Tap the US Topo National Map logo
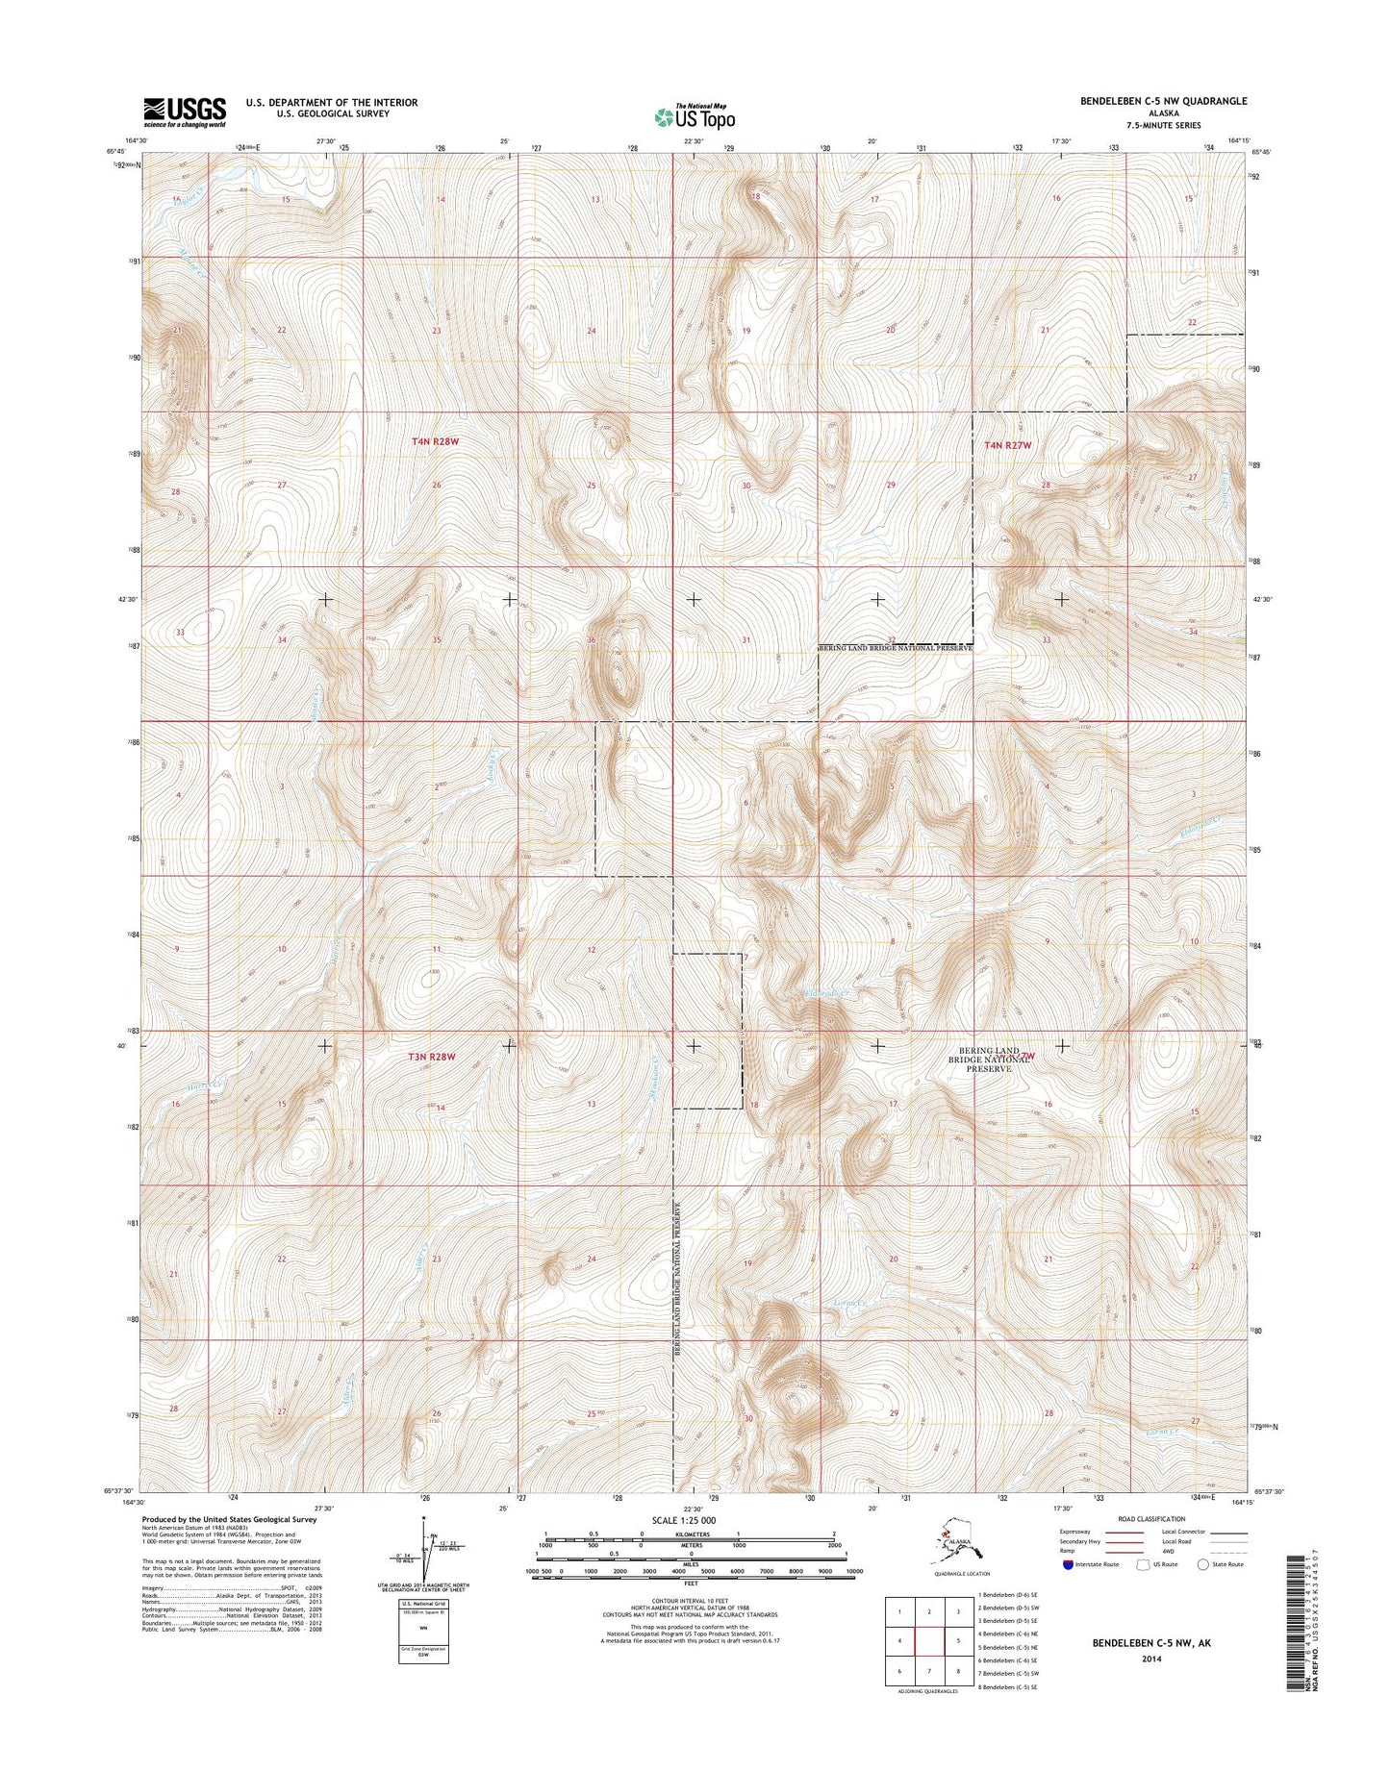(695, 116)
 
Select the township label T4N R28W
(435, 441)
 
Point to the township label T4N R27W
(1007, 445)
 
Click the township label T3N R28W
(430, 1056)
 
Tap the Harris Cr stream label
(206, 1085)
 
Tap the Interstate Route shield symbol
(1069, 1592)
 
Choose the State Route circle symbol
(1202, 1591)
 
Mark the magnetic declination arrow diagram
(423, 1561)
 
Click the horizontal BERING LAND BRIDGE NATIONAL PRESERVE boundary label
(896, 648)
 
